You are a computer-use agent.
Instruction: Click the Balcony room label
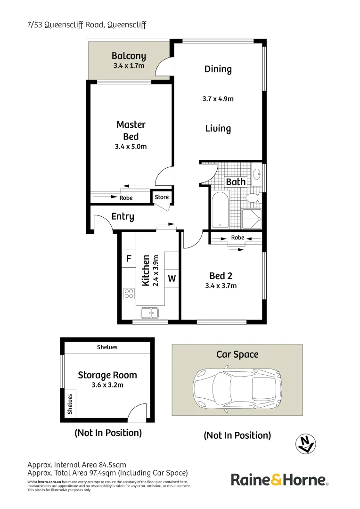click(129, 57)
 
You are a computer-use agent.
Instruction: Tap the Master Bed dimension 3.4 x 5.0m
click(131, 147)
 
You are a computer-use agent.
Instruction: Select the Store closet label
click(162, 197)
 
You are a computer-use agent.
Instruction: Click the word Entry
click(123, 217)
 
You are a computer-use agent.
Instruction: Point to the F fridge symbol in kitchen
click(129, 259)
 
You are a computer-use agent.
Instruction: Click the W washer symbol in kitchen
click(172, 279)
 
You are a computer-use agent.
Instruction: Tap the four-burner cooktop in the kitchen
click(129, 294)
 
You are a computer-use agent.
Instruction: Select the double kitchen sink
click(150, 312)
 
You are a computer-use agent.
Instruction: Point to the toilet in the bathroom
click(253, 197)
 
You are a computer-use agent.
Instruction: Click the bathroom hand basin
click(257, 175)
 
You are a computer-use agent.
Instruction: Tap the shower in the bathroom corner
click(252, 218)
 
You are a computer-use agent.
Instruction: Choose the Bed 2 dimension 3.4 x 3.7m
click(221, 286)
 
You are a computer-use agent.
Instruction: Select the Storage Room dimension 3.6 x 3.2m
click(107, 385)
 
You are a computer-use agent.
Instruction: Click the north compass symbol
click(306, 444)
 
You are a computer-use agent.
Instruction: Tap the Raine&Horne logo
click(279, 480)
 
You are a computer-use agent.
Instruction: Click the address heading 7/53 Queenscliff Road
click(87, 25)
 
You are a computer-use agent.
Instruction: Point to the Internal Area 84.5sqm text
click(77, 465)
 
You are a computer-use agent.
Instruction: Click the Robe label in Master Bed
click(126, 198)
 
